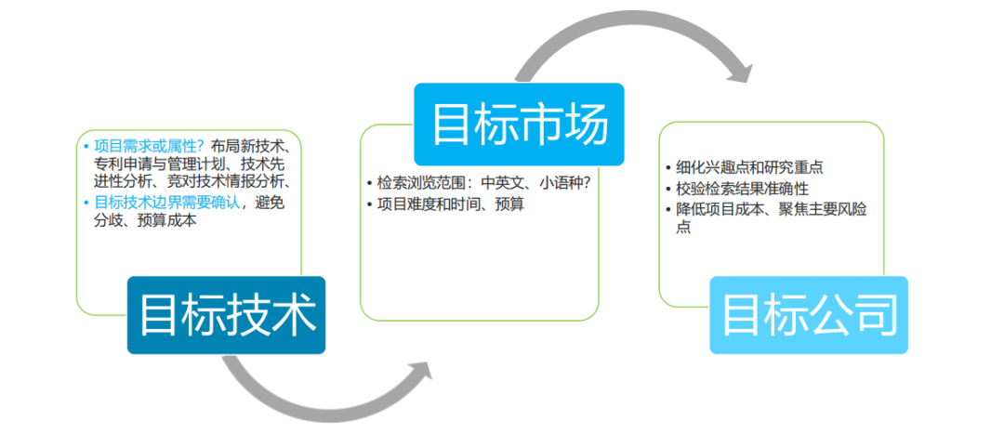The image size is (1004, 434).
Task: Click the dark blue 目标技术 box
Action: (226, 315)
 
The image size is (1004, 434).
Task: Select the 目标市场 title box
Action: (519, 125)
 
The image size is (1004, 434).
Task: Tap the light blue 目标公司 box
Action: (809, 315)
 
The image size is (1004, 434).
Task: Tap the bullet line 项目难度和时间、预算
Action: (445, 204)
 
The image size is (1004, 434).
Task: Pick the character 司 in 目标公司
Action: (874, 314)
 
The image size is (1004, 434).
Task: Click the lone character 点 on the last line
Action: (684, 229)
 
